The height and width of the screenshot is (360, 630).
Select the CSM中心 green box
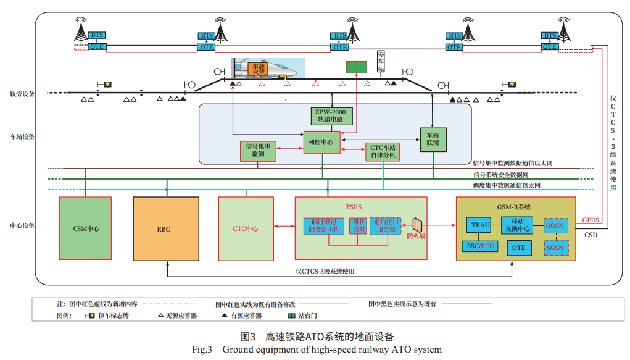point(86,228)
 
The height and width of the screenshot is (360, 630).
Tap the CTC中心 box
point(245,228)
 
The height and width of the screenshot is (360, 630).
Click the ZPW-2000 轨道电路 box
point(331,115)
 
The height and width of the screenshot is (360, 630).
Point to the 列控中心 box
point(321,142)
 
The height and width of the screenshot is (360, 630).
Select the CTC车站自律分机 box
point(383,151)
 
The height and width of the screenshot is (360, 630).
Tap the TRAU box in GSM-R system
point(480,225)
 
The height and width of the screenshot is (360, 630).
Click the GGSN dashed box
point(555,226)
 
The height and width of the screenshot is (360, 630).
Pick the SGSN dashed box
point(555,247)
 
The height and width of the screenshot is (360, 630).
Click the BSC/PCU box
point(481,247)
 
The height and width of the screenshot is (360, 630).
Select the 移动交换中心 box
point(516,225)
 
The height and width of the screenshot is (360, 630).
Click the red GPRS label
point(590,220)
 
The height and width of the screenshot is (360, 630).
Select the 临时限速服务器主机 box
point(324,226)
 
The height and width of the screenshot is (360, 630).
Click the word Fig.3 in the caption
point(202,350)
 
